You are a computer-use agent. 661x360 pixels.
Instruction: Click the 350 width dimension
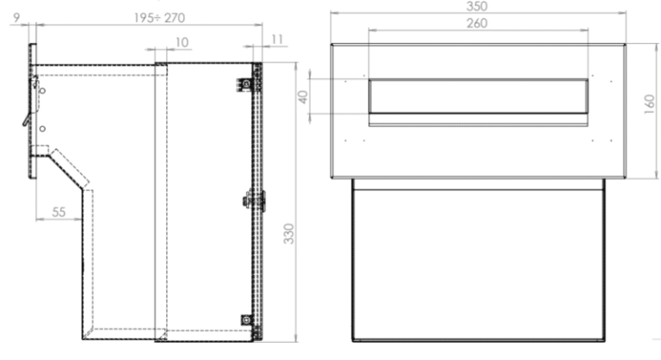pos(475,6)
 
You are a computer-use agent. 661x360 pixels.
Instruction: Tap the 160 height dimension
pos(647,110)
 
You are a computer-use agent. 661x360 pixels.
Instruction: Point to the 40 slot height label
pos(302,96)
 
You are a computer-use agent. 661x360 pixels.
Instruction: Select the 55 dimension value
pos(59,210)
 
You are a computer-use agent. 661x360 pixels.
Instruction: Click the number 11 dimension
pos(275,40)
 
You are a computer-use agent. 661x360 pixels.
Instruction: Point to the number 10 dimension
pos(181,41)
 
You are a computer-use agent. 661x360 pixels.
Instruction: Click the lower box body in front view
pos(479,263)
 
